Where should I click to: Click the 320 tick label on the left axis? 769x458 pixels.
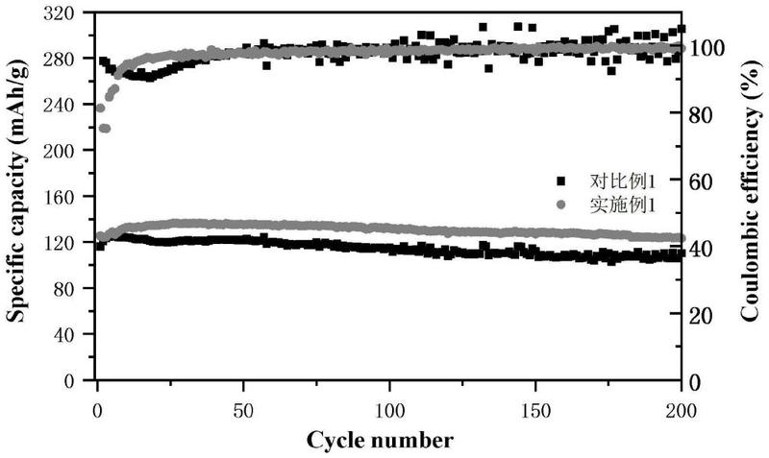click(x=59, y=12)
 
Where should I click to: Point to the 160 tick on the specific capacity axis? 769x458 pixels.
click(x=59, y=197)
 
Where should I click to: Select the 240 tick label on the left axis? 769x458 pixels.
click(x=59, y=105)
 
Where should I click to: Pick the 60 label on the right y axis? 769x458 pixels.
click(x=702, y=181)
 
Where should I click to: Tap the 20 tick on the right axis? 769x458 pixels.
click(x=702, y=315)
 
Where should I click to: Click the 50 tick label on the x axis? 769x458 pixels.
click(x=243, y=411)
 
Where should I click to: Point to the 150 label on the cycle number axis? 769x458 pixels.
click(x=534, y=411)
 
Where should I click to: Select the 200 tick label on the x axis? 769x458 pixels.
click(x=681, y=411)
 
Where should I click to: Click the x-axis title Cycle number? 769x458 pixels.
click(x=380, y=440)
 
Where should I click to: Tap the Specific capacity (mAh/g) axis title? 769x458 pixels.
click(x=16, y=194)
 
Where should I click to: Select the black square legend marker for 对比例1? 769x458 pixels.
click(x=561, y=181)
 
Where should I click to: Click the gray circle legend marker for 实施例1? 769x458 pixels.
click(x=561, y=205)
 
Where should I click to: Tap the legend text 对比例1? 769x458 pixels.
click(x=622, y=181)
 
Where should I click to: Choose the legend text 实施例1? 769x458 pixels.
click(x=622, y=205)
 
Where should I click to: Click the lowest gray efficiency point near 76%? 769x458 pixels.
click(x=105, y=129)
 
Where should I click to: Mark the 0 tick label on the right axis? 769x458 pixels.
click(x=695, y=382)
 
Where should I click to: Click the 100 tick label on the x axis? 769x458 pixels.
click(x=389, y=411)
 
